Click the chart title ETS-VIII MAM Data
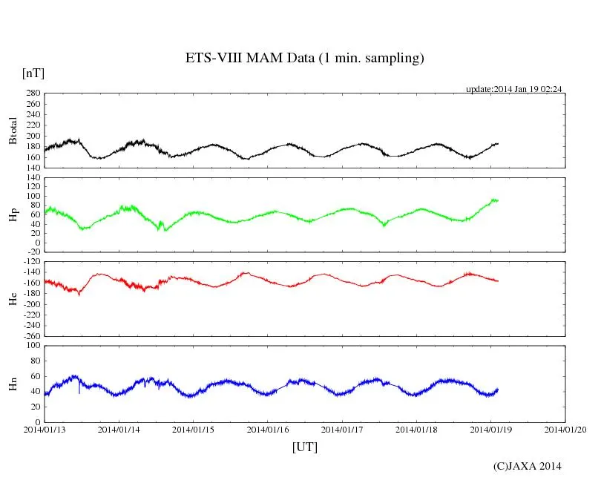pyautogui.click(x=304, y=58)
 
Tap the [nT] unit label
pyautogui.click(x=33, y=73)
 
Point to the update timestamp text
pyautogui.click(x=513, y=89)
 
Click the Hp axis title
pyautogui.click(x=13, y=215)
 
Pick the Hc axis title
pyautogui.click(x=13, y=298)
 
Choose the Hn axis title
pyautogui.click(x=13, y=383)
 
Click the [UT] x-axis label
pyautogui.click(x=304, y=447)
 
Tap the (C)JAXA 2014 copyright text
pyautogui.click(x=527, y=466)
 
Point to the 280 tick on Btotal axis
pyautogui.click(x=32, y=93)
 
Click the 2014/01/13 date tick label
pyautogui.click(x=45, y=429)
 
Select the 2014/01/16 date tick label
pyautogui.click(x=268, y=429)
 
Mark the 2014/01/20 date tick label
pyautogui.click(x=565, y=429)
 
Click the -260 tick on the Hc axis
pyautogui.click(x=30, y=335)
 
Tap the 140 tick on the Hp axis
pyautogui.click(x=32, y=177)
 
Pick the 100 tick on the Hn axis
pyautogui.click(x=32, y=345)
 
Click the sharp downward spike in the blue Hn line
pyautogui.click(x=79, y=392)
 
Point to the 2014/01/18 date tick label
pyautogui.click(x=417, y=429)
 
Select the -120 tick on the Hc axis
pyautogui.click(x=30, y=262)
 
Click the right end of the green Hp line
pyautogui.click(x=498, y=200)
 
